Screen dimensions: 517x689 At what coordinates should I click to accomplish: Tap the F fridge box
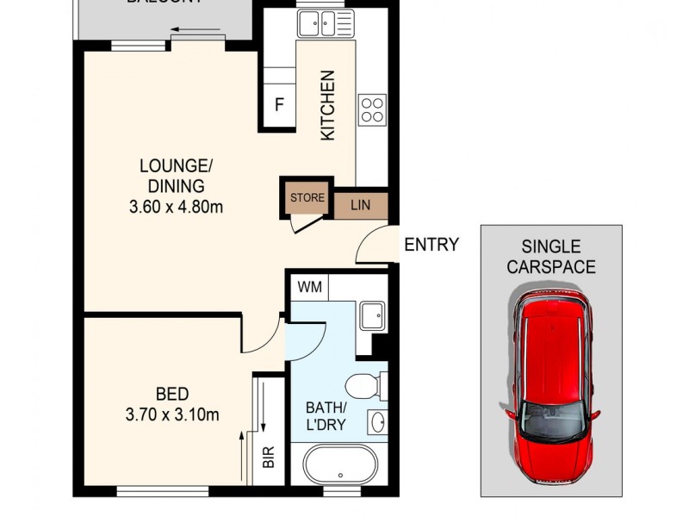279,105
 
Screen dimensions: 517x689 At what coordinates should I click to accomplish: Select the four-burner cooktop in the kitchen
372,109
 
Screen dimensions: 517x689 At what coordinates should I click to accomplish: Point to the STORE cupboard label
307,198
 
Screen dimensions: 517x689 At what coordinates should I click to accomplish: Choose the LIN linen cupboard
360,205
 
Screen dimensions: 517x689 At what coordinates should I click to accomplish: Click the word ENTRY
431,245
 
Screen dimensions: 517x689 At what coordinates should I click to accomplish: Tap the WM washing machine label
309,287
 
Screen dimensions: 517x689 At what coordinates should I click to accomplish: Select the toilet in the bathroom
362,387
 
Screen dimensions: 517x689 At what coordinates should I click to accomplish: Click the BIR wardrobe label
268,458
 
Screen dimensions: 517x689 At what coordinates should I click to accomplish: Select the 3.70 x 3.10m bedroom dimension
171,415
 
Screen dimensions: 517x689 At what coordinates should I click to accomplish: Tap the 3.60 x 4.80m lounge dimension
176,207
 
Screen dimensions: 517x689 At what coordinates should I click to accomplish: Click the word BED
172,394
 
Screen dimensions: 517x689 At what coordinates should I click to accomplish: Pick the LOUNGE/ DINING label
176,175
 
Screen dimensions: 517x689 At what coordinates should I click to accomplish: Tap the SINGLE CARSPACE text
551,257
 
